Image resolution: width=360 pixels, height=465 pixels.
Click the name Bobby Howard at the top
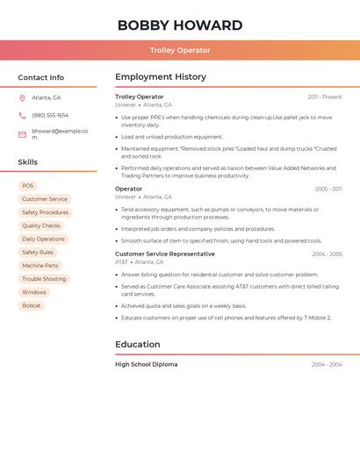point(180,25)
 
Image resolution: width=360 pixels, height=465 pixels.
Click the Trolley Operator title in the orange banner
point(180,50)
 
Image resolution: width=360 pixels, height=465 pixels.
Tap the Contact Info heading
point(40,77)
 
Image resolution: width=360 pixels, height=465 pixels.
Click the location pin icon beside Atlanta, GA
point(22,98)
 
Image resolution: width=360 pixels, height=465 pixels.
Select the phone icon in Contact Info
point(22,115)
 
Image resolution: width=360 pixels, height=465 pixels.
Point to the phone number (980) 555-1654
point(50,115)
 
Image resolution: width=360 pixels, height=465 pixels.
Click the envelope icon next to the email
point(22,134)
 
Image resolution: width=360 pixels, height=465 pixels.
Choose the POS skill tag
point(28,186)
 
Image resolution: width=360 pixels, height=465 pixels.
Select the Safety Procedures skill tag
point(45,212)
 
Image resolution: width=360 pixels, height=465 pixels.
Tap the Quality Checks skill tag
point(41,225)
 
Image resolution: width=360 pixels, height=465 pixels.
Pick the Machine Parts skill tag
point(40,266)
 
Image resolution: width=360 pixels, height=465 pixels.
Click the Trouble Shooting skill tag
point(44,279)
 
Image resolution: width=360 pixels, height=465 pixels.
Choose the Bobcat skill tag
point(32,305)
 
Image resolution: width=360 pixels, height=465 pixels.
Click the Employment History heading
point(161,77)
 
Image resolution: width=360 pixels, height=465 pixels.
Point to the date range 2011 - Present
point(325,97)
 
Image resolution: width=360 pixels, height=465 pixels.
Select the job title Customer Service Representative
point(165,254)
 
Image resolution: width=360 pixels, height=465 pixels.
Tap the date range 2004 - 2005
point(327,254)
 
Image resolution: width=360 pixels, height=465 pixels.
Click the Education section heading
point(137,344)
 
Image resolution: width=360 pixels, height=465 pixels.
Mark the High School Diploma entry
point(146,364)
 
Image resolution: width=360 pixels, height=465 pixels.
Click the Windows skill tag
point(34,292)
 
